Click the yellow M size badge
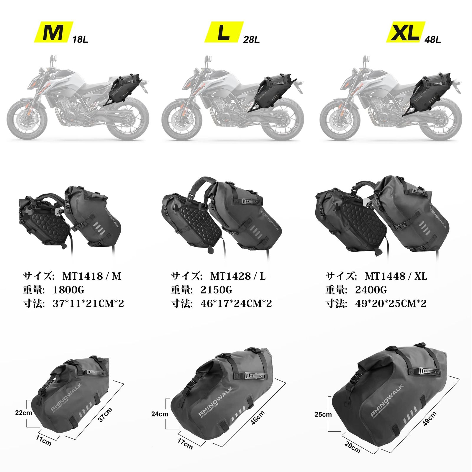[x=53, y=32]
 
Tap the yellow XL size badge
[x=405, y=32]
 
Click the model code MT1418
[x=82, y=276]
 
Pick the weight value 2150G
[x=216, y=290]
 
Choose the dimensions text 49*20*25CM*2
[x=391, y=304]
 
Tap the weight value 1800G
[x=68, y=290]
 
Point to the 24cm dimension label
[x=160, y=414]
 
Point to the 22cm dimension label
[x=24, y=413]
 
